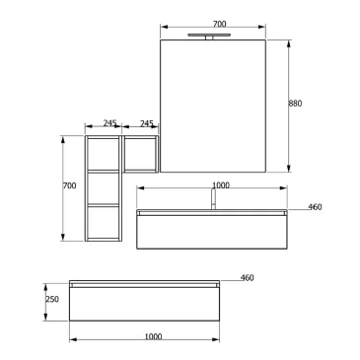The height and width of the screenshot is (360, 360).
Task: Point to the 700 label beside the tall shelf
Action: pyautogui.click(x=69, y=186)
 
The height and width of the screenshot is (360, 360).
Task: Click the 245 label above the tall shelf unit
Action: pyautogui.click(x=109, y=123)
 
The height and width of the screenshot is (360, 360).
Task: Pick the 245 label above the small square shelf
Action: pyautogui.click(x=147, y=123)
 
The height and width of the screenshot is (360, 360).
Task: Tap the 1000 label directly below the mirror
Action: pyautogui.click(x=220, y=185)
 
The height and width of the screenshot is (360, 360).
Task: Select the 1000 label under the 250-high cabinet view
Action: pyautogui.click(x=153, y=337)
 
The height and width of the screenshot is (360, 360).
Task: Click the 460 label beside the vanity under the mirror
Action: pyautogui.click(x=315, y=207)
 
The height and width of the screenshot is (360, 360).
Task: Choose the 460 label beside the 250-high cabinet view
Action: pyautogui.click(x=248, y=278)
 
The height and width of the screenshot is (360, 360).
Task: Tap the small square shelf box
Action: pyautogui.click(x=140, y=154)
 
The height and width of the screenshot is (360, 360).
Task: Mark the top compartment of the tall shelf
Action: pyautogui.click(x=103, y=154)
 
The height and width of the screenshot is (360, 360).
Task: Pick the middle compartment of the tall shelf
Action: pyautogui.click(x=103, y=188)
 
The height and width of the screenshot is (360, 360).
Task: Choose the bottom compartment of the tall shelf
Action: pyautogui.click(x=103, y=222)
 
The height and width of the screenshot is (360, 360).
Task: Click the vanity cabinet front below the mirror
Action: pyautogui.click(x=212, y=231)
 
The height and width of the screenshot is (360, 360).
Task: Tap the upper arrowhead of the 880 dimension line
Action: pyautogui.click(x=289, y=43)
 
